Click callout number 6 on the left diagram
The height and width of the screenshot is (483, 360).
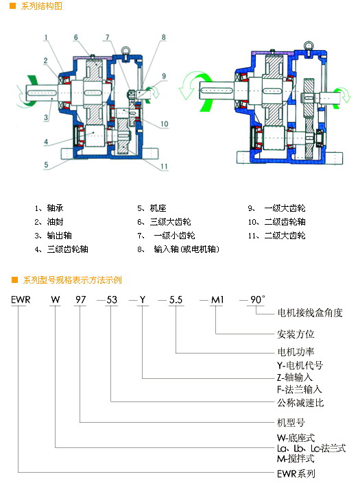tap(76, 38)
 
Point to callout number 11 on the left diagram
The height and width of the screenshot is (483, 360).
tap(165, 166)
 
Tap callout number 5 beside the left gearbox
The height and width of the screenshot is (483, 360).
tap(46, 165)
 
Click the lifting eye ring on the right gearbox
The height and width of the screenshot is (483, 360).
tap(308, 45)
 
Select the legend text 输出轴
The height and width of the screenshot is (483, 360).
tap(59, 236)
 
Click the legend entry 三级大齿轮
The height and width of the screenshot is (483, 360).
tap(171, 222)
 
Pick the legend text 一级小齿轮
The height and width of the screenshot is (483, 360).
tap(174, 236)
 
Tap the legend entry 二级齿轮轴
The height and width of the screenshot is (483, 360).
tap(285, 222)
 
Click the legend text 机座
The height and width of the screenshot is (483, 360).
tap(158, 208)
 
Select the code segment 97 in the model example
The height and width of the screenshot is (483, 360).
tap(80, 299)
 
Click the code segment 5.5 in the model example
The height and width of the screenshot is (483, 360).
tap(176, 299)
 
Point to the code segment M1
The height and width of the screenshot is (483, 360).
tap(217, 299)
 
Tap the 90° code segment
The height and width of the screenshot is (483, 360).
tap(257, 299)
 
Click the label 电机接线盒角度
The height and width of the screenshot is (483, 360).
tap(310, 313)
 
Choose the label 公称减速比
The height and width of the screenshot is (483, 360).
tap(300, 403)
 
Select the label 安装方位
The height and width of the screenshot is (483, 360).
tap(296, 334)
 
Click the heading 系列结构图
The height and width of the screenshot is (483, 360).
tap(42, 6)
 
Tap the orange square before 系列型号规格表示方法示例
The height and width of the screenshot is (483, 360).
tap(14, 280)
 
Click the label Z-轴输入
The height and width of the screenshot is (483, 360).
tap(295, 377)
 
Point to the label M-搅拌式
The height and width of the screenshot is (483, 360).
tap(296, 458)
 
